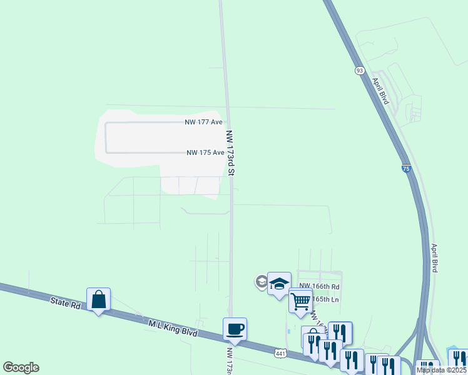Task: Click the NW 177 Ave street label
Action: point(204,122)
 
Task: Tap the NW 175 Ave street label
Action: point(205,152)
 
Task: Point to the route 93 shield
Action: point(359,71)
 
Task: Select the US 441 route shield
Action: point(280,353)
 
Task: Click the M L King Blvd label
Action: point(173,329)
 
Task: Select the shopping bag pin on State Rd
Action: point(99,300)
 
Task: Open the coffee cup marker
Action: point(235,329)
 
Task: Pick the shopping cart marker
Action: point(300,301)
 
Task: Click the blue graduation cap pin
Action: point(279,284)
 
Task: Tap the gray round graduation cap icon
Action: point(262,282)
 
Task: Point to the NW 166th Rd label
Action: point(319,286)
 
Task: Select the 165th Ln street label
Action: point(325,299)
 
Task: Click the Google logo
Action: point(21,367)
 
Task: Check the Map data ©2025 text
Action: point(441,370)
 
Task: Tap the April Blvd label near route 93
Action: point(380,91)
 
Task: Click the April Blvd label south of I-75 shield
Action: point(433,256)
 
